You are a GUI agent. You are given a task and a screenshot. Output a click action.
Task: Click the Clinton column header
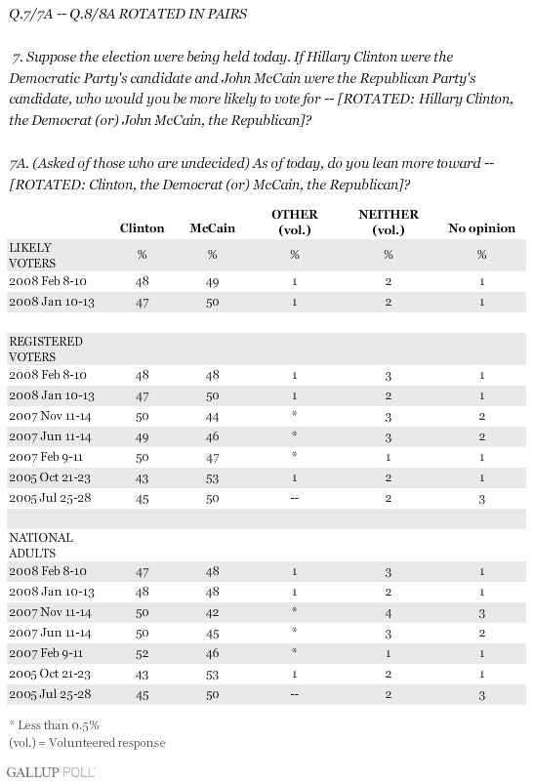click(x=142, y=228)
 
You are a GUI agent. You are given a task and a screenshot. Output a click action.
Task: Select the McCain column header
click(x=212, y=228)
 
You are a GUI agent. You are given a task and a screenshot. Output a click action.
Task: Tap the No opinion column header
click(x=481, y=228)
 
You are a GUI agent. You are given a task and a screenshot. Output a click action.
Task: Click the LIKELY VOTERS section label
click(x=32, y=255)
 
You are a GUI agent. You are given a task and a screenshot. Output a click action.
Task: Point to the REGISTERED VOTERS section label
click(x=46, y=350)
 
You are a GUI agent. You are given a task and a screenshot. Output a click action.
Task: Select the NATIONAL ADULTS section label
click(x=41, y=546)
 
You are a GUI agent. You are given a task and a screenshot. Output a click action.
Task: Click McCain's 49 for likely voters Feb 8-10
click(x=212, y=282)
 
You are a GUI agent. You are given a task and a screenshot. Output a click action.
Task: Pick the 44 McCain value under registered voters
click(x=212, y=417)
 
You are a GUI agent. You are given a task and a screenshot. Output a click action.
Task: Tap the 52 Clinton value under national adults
click(x=142, y=654)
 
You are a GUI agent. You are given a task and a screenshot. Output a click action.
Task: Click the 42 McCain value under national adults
click(x=212, y=613)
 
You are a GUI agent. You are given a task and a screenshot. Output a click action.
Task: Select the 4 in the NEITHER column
click(x=389, y=613)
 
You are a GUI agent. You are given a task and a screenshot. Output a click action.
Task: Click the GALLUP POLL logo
click(x=51, y=772)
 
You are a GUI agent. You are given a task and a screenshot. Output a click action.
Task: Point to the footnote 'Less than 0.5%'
click(x=54, y=725)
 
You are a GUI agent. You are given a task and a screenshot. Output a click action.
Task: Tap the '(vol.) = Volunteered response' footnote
click(x=87, y=743)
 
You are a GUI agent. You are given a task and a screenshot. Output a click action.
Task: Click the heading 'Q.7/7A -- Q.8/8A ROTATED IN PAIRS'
click(x=128, y=14)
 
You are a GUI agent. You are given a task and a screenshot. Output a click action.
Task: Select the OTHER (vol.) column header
click(x=294, y=222)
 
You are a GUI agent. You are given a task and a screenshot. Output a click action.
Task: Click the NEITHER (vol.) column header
click(x=389, y=222)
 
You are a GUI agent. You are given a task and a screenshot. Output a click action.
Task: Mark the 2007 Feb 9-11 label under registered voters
click(x=46, y=458)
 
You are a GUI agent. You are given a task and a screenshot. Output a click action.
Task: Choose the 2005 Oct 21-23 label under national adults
click(x=50, y=674)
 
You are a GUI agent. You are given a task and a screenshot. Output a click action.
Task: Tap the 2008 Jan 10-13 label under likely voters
click(x=52, y=302)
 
